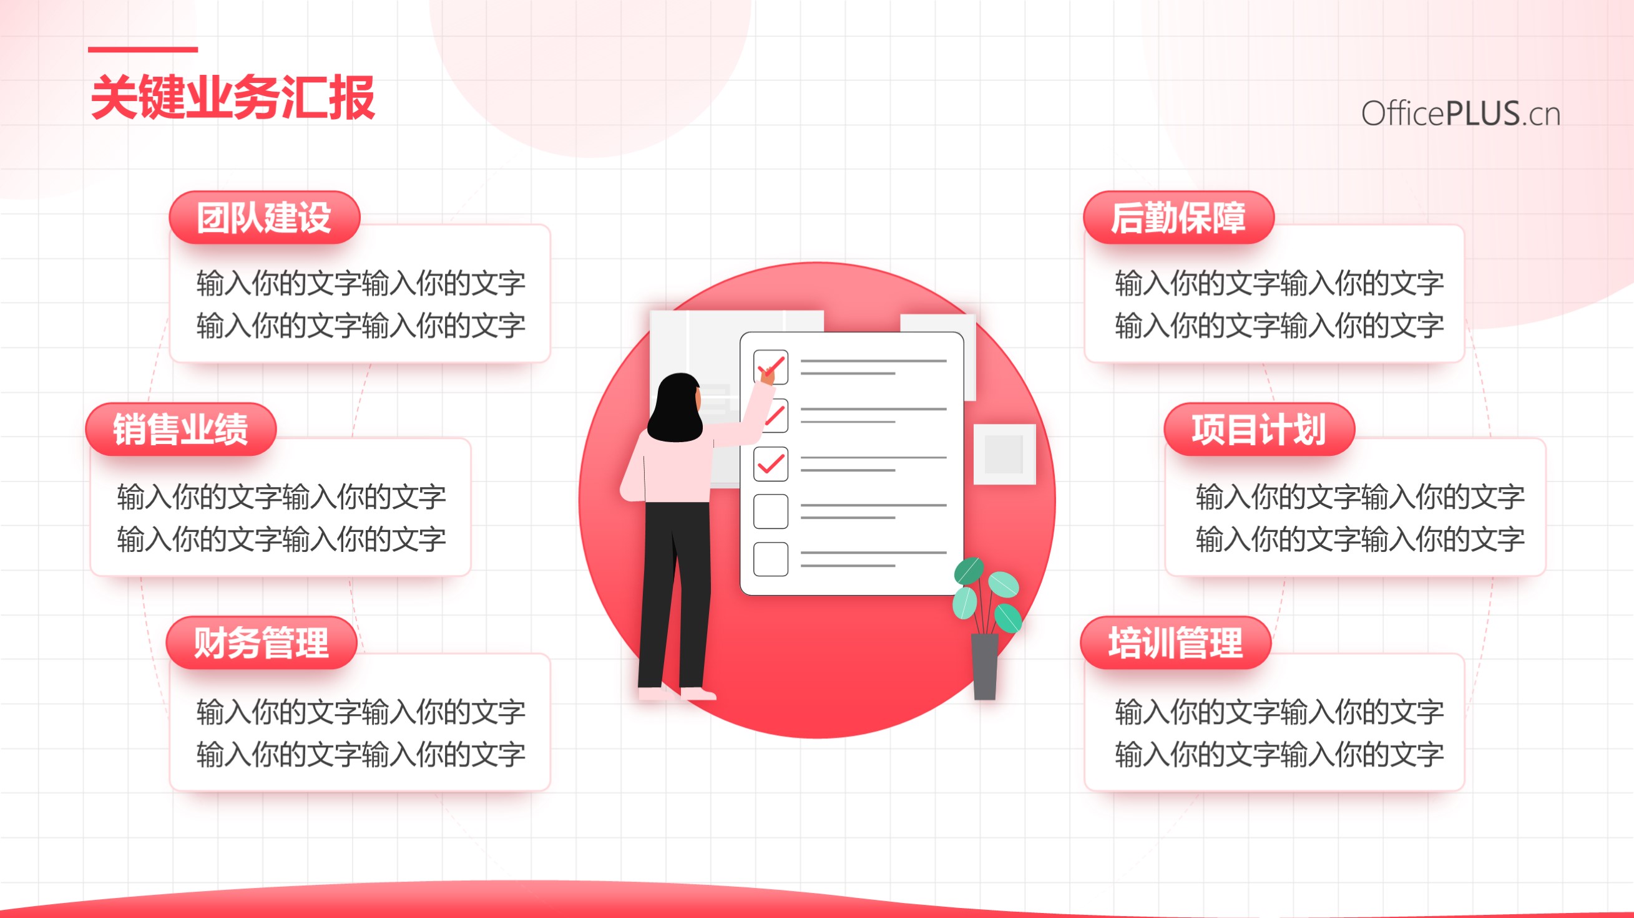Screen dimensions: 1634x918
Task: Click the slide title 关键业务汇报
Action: pyautogui.click(x=233, y=98)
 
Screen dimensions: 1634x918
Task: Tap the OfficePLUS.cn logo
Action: pyautogui.click(x=1460, y=114)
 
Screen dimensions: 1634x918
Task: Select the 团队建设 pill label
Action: pyautogui.click(x=265, y=218)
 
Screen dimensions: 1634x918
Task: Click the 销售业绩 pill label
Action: pyautogui.click(x=181, y=429)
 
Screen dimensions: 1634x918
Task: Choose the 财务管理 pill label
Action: pyautogui.click(x=262, y=642)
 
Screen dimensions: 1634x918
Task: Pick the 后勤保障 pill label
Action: pyautogui.click(x=1178, y=218)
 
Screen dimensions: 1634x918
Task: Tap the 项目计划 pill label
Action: pyautogui.click(x=1259, y=429)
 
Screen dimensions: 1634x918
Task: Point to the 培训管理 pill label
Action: pyautogui.click(x=1175, y=642)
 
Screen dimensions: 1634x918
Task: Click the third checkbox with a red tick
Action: pyautogui.click(x=771, y=463)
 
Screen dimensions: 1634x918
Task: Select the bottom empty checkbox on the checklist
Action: pyautogui.click(x=771, y=559)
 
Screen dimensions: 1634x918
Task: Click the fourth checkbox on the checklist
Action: pyautogui.click(x=771, y=511)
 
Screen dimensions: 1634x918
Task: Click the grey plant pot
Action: pyautogui.click(x=984, y=666)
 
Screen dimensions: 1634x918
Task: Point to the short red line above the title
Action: pyautogui.click(x=143, y=49)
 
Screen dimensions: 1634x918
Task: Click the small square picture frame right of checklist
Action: pyautogui.click(x=1005, y=455)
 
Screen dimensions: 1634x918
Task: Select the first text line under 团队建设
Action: pyautogui.click(x=360, y=283)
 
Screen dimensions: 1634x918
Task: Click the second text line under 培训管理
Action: pyautogui.click(x=1279, y=755)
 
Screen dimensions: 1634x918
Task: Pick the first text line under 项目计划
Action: pyautogui.click(x=1360, y=496)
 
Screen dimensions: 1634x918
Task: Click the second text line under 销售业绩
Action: pyautogui.click(x=281, y=539)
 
